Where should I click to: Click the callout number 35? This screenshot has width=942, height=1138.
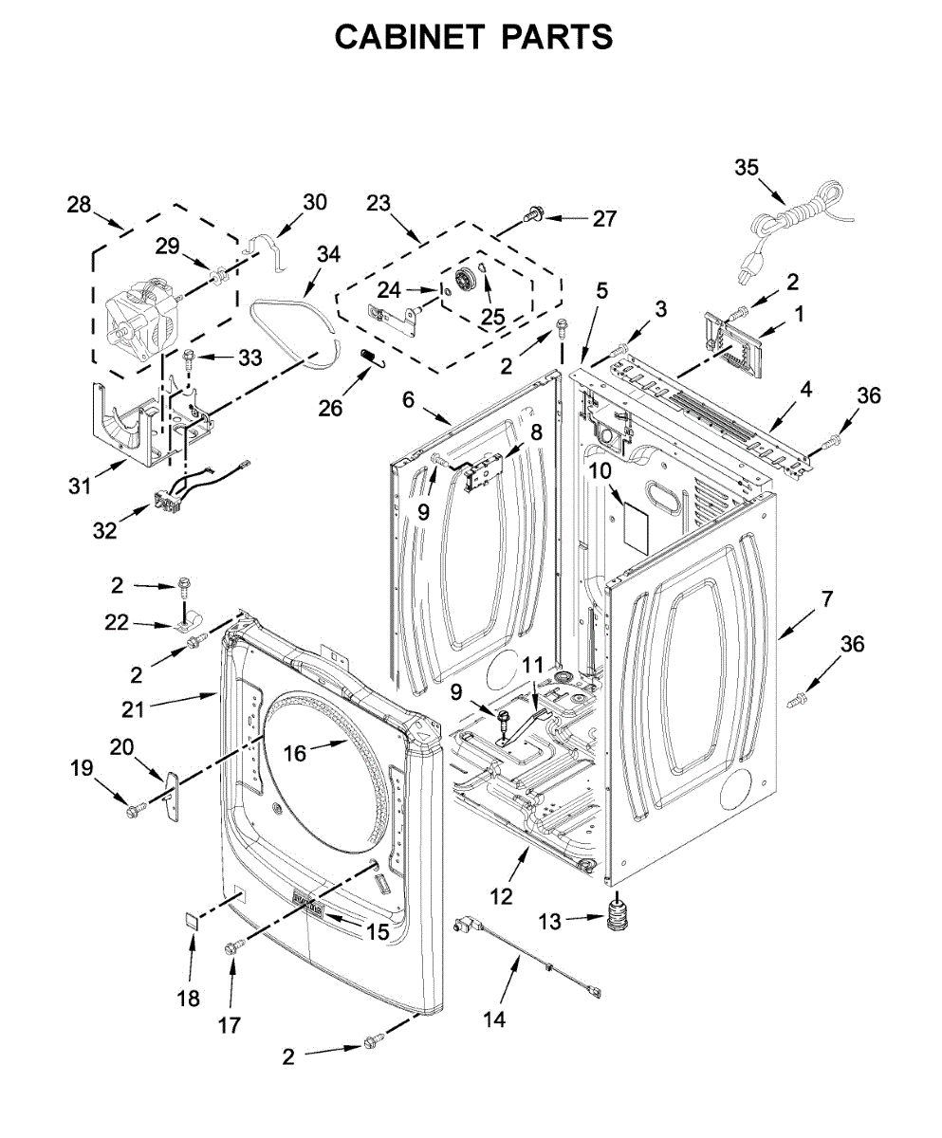(748, 168)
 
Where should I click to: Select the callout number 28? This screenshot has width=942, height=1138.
(79, 204)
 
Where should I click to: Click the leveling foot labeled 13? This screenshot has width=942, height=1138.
(619, 914)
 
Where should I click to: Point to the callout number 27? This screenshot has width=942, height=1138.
(605, 219)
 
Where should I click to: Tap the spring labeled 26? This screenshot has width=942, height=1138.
(370, 358)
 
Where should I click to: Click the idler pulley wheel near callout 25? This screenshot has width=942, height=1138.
(464, 280)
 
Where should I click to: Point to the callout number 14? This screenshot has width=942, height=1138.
(494, 1019)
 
